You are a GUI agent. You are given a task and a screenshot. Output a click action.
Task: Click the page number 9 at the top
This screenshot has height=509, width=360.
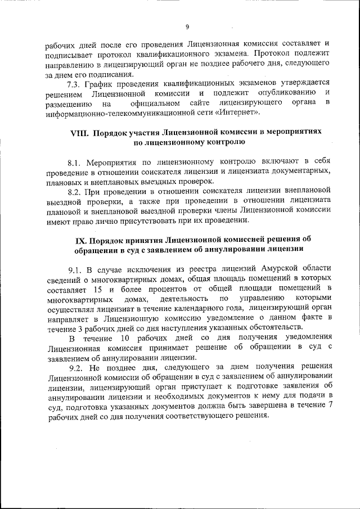pos(187,26)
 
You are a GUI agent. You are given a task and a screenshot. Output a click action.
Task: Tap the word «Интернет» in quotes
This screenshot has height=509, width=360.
pos(239,112)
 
